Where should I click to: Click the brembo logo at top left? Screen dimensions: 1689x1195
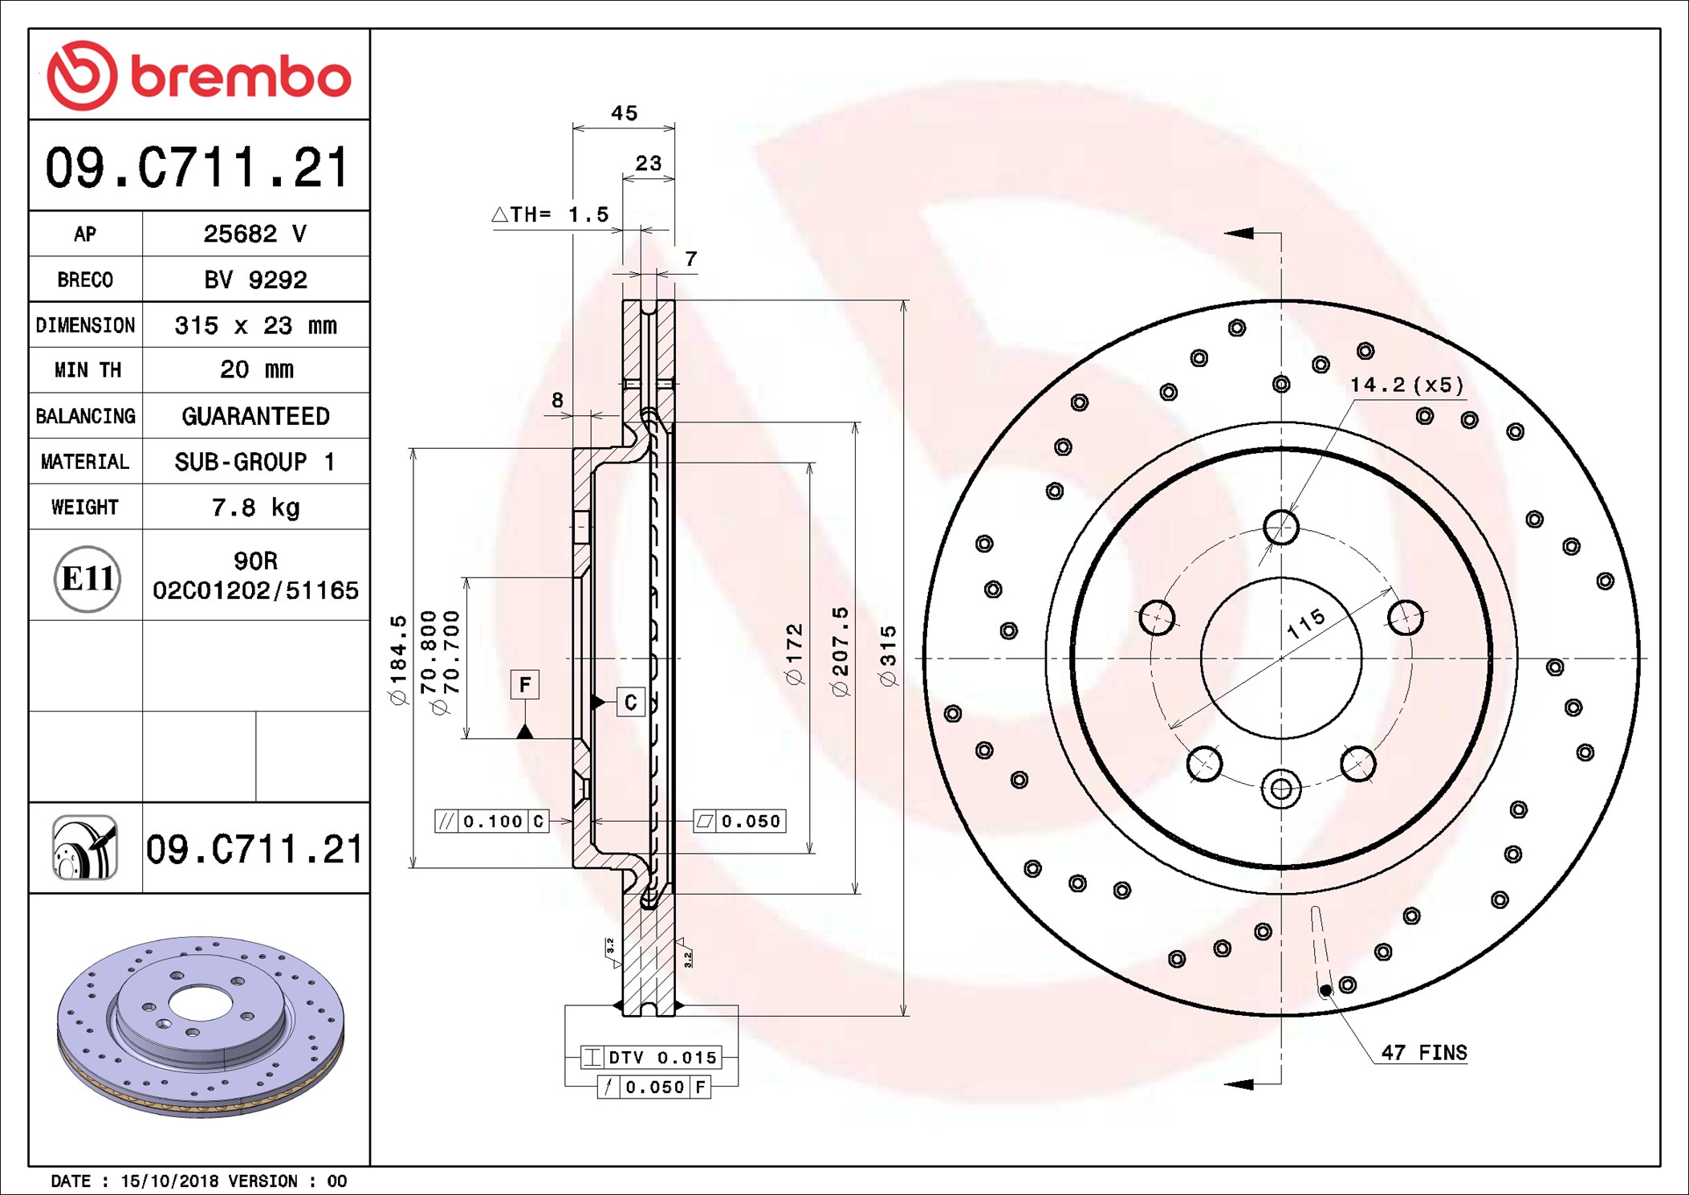tap(199, 75)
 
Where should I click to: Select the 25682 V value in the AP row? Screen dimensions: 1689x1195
tap(254, 234)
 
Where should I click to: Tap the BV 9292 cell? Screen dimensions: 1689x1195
tap(255, 279)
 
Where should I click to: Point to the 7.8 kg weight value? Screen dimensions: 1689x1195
tap(255, 507)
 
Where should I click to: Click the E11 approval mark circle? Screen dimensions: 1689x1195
tap(87, 578)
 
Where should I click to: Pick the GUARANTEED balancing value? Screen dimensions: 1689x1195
tap(255, 416)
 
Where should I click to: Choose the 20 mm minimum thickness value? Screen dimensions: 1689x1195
tap(256, 369)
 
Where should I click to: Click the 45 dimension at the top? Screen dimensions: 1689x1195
tap(624, 113)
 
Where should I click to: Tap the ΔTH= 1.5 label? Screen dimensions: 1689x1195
tap(551, 214)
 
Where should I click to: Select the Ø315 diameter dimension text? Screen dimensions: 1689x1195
tap(887, 656)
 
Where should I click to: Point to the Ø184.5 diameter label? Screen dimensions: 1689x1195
tap(399, 660)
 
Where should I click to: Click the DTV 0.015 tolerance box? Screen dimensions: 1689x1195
tap(650, 1058)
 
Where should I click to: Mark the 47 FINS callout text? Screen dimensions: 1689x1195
tap(1423, 1052)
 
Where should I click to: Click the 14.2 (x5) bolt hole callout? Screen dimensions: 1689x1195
tap(1406, 385)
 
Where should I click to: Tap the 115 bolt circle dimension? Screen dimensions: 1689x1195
tap(1306, 623)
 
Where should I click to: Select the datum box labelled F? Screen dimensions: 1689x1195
tap(525, 684)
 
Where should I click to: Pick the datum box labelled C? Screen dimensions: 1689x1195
tap(630, 702)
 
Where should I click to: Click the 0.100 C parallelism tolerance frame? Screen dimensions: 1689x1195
tap(491, 821)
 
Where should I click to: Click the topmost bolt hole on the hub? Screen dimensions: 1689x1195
tap(1280, 527)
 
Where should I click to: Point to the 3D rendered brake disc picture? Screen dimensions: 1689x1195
tap(201, 1026)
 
